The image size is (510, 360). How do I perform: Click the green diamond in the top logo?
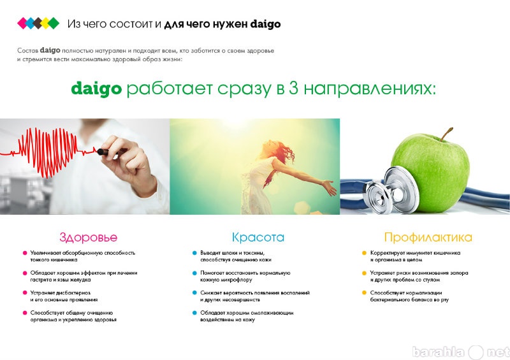(x=54, y=24)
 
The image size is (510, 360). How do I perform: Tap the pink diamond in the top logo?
(x=22, y=24)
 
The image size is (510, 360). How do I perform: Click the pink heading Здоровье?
(x=88, y=238)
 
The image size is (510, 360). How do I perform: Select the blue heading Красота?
(x=258, y=237)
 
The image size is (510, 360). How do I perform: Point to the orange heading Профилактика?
(x=428, y=238)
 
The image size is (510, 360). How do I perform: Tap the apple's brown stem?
(x=447, y=134)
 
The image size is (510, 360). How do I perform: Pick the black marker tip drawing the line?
(x=103, y=152)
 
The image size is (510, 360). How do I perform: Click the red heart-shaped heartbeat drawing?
(x=48, y=152)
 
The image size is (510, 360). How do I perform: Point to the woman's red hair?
(x=282, y=150)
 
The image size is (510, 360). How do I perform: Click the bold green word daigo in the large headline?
(x=96, y=89)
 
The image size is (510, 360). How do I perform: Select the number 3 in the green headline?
(x=293, y=88)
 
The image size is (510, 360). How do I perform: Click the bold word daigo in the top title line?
(x=265, y=24)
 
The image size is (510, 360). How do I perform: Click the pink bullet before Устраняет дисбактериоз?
(x=25, y=292)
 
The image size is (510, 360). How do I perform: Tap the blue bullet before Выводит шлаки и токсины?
(x=194, y=253)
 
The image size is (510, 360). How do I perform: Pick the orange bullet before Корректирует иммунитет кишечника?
(x=364, y=253)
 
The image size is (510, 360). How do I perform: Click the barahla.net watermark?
(x=460, y=352)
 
